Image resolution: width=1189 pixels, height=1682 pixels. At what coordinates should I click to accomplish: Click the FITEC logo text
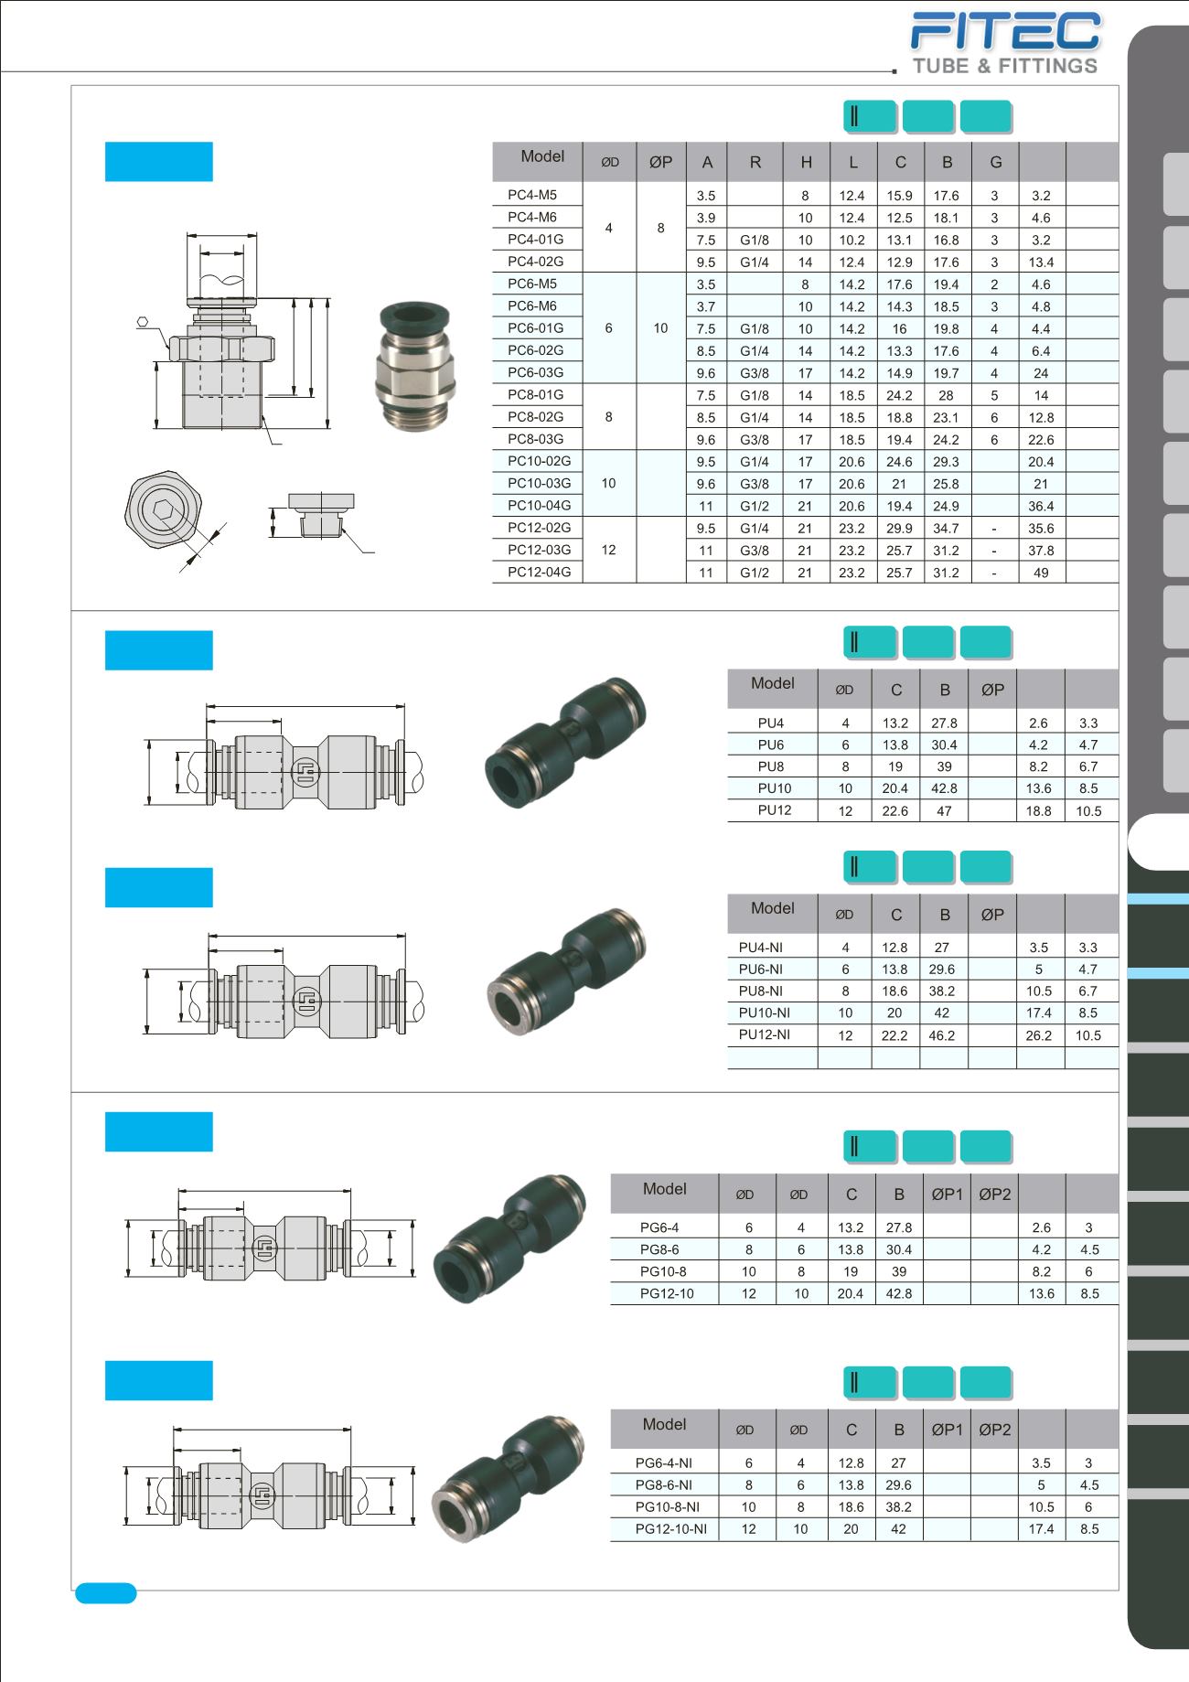(1006, 31)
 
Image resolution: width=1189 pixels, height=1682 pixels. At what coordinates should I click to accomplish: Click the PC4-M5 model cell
(532, 195)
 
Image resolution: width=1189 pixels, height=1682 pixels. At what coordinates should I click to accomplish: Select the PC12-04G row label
(539, 572)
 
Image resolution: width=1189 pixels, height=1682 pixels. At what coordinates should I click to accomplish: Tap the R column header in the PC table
(755, 162)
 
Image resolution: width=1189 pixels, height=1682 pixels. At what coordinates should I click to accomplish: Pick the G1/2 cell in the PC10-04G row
(755, 506)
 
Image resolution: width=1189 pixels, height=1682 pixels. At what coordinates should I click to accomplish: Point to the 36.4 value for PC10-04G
(1041, 506)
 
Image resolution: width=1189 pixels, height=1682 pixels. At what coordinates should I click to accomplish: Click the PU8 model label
(771, 766)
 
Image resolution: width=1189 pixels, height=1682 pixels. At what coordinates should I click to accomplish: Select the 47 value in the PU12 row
(944, 810)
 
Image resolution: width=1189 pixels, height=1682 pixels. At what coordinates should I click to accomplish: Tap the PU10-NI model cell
(765, 1012)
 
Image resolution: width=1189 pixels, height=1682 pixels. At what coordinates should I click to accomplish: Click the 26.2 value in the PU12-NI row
(1039, 1035)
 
